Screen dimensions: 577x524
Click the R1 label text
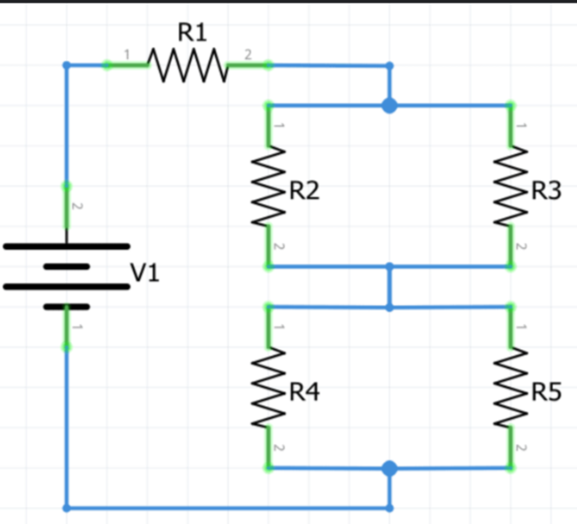coord(192,32)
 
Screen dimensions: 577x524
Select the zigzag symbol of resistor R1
coord(188,66)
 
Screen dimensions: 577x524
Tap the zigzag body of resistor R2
coord(268,186)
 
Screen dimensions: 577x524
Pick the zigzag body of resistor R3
coord(511,186)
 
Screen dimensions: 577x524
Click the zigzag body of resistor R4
coord(268,387)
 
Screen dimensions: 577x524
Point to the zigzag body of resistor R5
coord(511,387)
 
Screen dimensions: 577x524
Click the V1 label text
coord(145,273)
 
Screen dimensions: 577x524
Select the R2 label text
coord(304,190)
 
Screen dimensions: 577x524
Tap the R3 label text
coord(546,190)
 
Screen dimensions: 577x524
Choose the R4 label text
coord(304,391)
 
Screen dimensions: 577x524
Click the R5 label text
coord(546,391)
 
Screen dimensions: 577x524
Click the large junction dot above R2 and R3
coord(390,106)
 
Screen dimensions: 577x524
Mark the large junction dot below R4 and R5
coord(390,468)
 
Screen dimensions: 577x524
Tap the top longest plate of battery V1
coord(67,246)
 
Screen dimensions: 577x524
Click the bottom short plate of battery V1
coord(67,307)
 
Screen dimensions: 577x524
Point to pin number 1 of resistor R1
coord(127,55)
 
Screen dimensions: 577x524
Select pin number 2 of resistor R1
coord(248,55)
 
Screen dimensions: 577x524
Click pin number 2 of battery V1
coord(77,207)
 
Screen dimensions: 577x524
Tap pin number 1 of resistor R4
coord(279,326)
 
